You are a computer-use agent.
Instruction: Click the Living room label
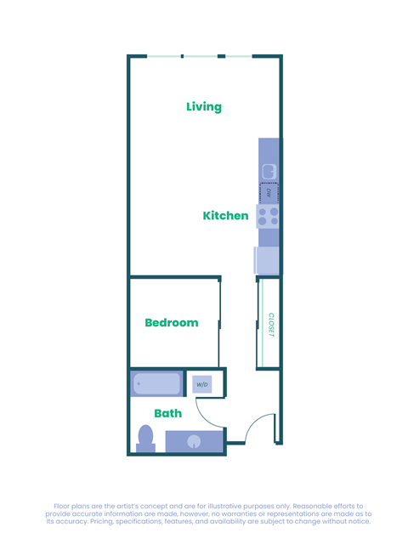coord(204,107)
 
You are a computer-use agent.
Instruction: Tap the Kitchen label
coord(225,216)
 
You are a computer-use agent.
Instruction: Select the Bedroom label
coord(171,323)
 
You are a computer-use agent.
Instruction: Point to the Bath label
coord(167,414)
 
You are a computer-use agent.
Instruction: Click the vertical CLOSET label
coord(270,325)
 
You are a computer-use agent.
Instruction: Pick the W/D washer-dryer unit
coord(202,384)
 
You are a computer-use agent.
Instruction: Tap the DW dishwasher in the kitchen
coord(269,193)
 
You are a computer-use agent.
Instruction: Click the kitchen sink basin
coord(269,172)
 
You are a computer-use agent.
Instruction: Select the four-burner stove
coord(268,217)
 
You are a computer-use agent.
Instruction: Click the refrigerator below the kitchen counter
coord(267,260)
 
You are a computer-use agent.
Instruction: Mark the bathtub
coord(157,384)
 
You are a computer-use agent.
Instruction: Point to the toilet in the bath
coord(145,439)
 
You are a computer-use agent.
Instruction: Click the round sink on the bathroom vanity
coord(194,441)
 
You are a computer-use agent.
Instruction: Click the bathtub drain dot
coord(139,384)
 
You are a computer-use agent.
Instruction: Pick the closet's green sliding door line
coord(262,325)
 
